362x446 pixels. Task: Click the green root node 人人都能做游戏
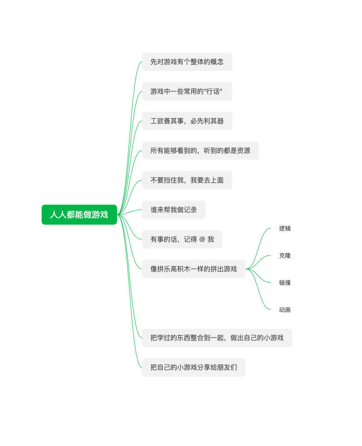pos(79,215)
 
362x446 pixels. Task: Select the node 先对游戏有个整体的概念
pos(187,62)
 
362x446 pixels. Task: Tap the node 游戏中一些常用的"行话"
pos(187,91)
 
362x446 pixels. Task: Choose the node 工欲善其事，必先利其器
pos(187,121)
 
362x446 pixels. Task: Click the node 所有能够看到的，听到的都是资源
pos(200,150)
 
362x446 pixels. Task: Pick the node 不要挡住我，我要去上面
pos(187,180)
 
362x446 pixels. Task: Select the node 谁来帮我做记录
pos(174,210)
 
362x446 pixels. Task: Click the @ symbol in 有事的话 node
pos(202,239)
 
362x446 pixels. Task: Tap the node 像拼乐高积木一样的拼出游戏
pos(194,269)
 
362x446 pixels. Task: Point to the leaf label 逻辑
pos(285,228)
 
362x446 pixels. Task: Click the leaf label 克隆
pos(285,256)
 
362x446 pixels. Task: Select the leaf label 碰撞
pos(285,283)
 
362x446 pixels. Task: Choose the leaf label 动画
pos(285,309)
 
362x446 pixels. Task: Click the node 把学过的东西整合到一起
pos(217,338)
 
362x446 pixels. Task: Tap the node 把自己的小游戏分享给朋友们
pos(194,367)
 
